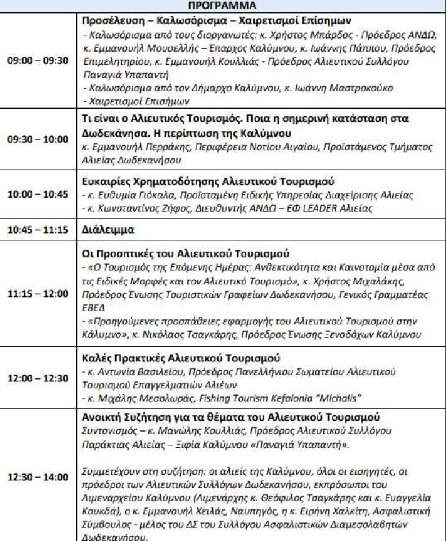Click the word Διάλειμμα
coord(107,228)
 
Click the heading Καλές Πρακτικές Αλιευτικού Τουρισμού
coord(181,358)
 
